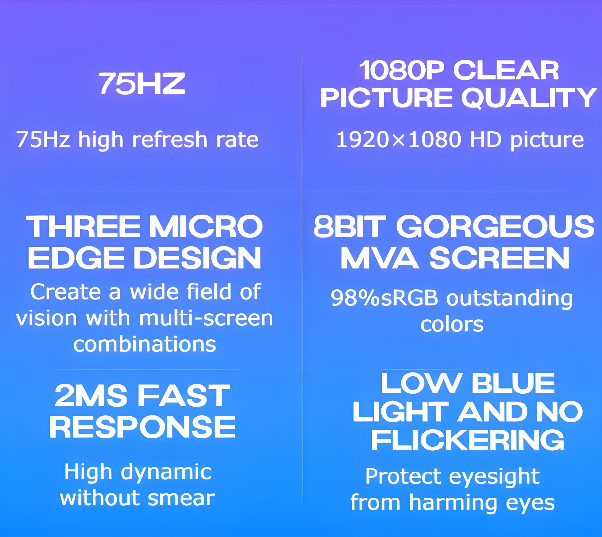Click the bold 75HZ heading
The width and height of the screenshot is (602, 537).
[x=142, y=84]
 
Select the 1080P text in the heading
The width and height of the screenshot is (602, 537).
[x=401, y=70]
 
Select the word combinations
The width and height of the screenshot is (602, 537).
[x=145, y=344]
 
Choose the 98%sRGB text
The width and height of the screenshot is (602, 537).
[x=384, y=298]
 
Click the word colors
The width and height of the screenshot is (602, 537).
[x=452, y=324]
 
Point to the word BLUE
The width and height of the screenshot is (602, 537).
[x=513, y=383]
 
